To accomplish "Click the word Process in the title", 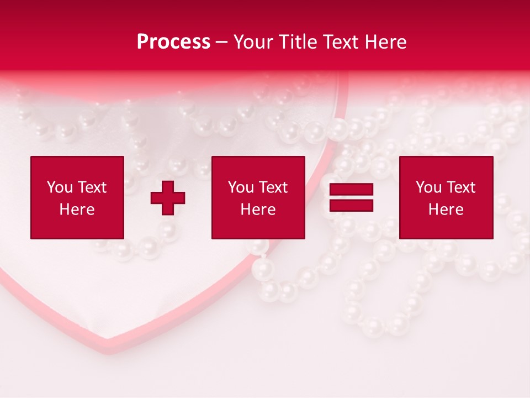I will click(173, 42).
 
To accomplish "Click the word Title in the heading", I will click(295, 42).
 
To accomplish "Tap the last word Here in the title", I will click(385, 42).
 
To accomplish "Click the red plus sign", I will click(168, 198).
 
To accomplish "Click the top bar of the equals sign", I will click(351, 190).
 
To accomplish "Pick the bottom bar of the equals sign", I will click(351, 205).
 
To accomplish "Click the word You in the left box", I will click(60, 187).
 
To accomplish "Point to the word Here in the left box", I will click(77, 210).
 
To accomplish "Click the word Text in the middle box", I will click(273, 187).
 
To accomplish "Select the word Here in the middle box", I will click(258, 210).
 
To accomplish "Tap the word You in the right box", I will click(428, 187).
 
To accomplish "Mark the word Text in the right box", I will click(461, 187).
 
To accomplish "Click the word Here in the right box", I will click(446, 210).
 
